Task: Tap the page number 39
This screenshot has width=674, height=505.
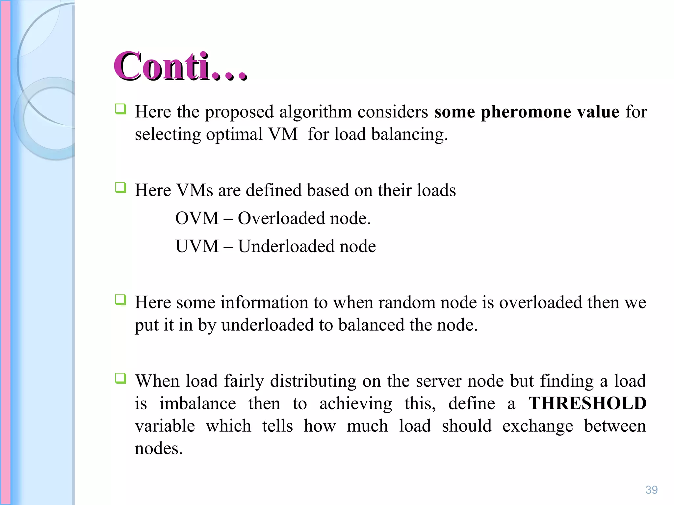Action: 651,490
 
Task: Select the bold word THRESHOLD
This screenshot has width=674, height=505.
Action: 587,403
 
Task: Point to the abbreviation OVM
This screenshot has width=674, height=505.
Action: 197,218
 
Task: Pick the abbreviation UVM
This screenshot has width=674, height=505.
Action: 197,246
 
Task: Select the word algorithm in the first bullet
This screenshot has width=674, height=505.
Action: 315,112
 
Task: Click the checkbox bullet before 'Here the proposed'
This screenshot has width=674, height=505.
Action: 120,109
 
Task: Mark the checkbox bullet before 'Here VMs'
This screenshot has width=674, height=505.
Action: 120,188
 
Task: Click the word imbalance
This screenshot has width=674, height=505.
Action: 197,403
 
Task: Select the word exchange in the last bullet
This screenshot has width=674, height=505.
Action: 537,426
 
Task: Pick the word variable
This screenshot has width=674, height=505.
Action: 165,426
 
